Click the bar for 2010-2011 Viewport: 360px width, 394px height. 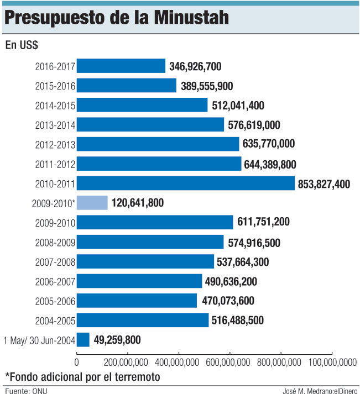click(x=185, y=183)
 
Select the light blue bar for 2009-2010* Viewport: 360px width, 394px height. click(x=92, y=203)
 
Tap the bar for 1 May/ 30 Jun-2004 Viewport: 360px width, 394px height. click(x=83, y=340)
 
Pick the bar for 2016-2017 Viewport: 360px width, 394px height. click(x=121, y=66)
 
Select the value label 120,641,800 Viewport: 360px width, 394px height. click(x=137, y=203)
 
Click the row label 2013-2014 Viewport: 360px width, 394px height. click(x=55, y=125)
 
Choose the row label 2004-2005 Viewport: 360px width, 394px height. click(x=55, y=321)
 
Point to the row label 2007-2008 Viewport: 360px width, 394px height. click(x=55, y=262)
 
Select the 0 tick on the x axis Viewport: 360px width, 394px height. click(x=76, y=362)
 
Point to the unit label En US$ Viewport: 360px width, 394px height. click(x=22, y=45)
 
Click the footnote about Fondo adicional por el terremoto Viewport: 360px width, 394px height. click(x=82, y=377)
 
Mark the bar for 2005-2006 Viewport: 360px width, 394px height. click(x=137, y=301)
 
